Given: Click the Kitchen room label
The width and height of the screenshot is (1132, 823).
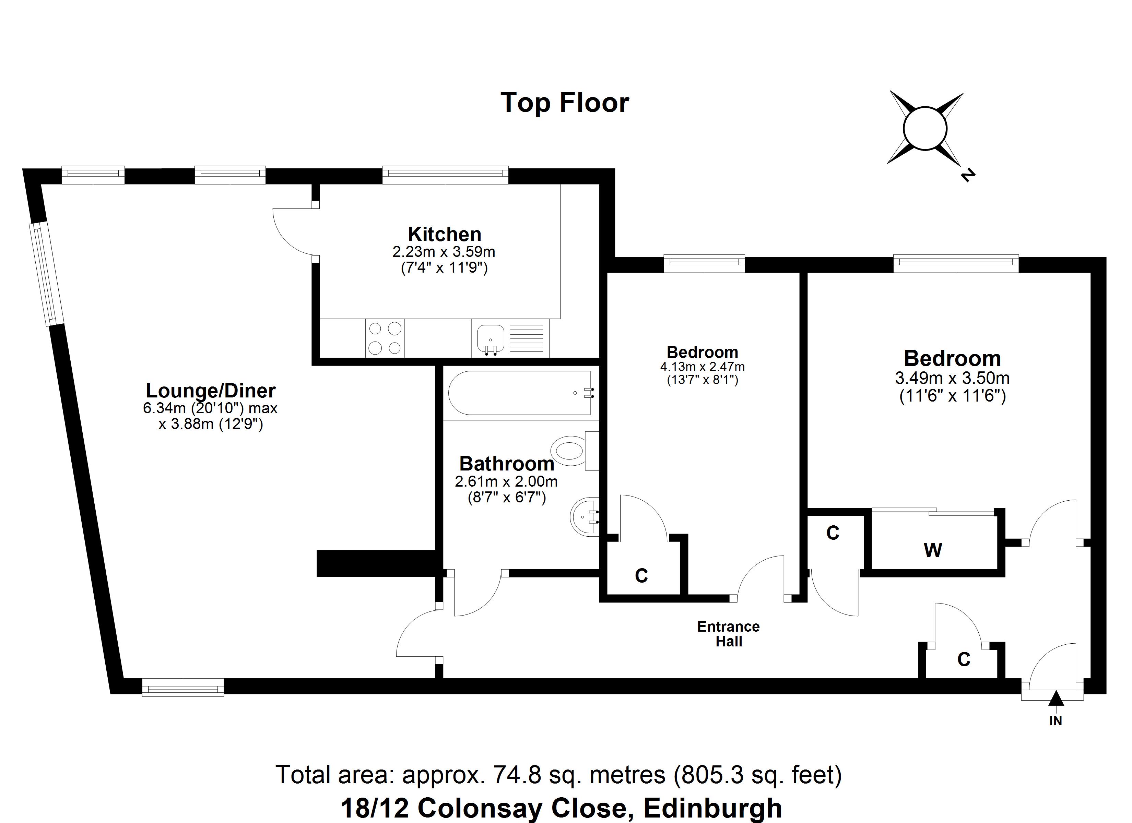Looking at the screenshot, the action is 444,234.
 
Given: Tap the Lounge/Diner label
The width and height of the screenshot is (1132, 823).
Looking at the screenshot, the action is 210,390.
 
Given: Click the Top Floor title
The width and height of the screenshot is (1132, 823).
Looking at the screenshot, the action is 565,103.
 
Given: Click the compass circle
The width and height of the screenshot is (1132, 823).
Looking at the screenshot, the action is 925,128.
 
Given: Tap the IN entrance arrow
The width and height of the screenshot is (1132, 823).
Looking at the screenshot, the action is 1055,699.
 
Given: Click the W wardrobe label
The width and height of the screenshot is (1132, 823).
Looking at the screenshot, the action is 932,550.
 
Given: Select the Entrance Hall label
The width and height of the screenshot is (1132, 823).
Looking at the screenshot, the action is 728,634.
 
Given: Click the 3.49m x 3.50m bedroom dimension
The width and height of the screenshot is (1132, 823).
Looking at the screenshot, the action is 952,378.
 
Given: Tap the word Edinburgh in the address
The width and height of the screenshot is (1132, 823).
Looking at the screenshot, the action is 713,808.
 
